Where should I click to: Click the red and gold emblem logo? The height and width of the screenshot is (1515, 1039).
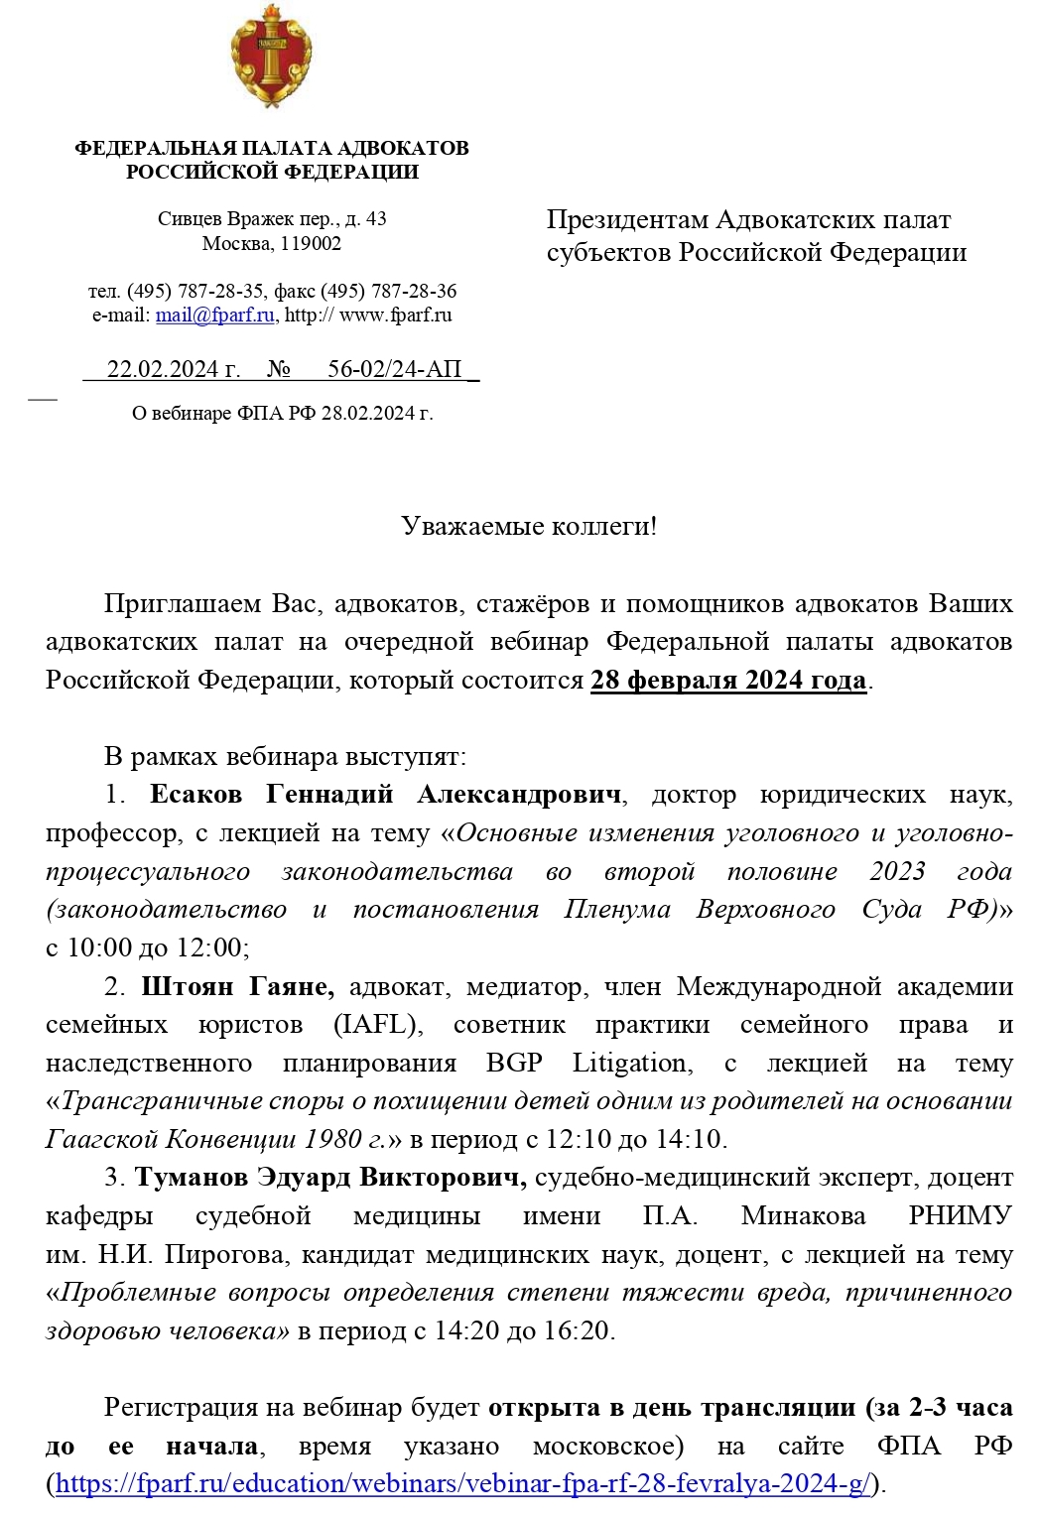pyautogui.click(x=271, y=57)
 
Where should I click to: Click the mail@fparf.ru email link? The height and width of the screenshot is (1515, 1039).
pyautogui.click(x=214, y=316)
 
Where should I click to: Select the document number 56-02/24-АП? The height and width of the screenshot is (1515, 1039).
pyautogui.click(x=395, y=369)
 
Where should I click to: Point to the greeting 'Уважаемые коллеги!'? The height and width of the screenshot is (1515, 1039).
pyautogui.click(x=529, y=526)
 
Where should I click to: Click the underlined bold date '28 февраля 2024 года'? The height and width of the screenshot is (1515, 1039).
pyautogui.click(x=728, y=681)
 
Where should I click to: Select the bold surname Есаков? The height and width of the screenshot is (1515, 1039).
pyautogui.click(x=196, y=795)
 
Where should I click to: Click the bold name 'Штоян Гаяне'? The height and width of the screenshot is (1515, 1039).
pyautogui.click(x=237, y=986)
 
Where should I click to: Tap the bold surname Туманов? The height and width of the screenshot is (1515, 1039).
pyautogui.click(x=192, y=1178)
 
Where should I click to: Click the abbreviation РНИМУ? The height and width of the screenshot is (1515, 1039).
pyautogui.click(x=960, y=1215)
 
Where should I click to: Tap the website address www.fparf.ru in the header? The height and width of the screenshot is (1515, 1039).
pyautogui.click(x=395, y=316)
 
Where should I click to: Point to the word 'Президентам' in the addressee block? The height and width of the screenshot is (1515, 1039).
pyautogui.click(x=627, y=219)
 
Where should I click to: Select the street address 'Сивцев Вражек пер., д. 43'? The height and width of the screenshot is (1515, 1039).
pyautogui.click(x=271, y=219)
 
